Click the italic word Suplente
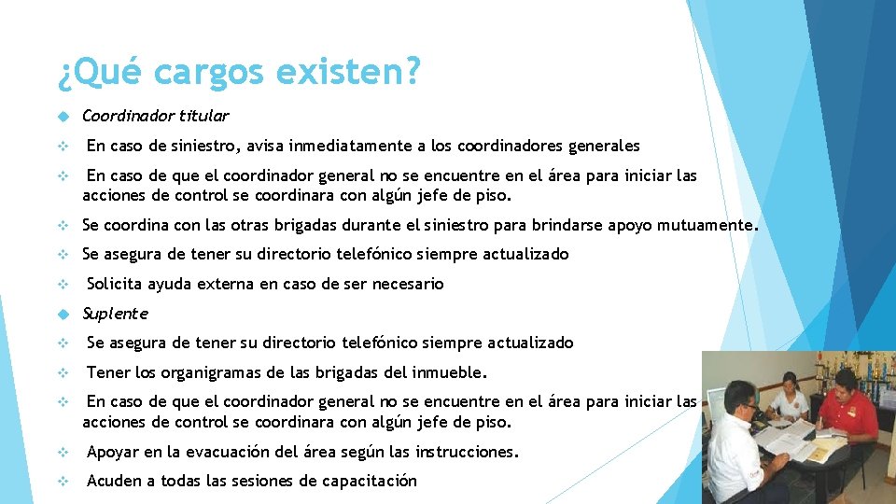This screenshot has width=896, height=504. tap(115, 314)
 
